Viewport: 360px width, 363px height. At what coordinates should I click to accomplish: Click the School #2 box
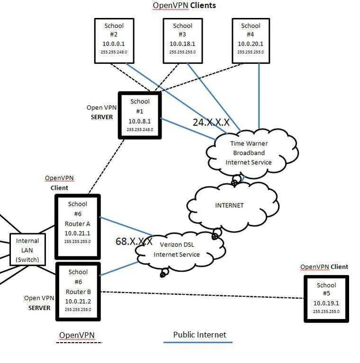[x=114, y=41]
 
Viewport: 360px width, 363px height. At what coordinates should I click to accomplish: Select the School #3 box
[x=183, y=41]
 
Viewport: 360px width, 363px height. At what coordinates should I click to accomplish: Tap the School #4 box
[x=251, y=41]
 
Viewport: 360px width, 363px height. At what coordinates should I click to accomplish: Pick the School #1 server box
[x=140, y=115]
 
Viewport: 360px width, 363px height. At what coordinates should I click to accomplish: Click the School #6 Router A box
[x=78, y=227]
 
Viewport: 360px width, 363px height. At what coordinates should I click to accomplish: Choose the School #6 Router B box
[x=78, y=292]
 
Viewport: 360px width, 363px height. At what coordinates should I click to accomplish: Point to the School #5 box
[x=326, y=299]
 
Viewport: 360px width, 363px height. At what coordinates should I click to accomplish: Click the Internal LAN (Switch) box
[x=27, y=249]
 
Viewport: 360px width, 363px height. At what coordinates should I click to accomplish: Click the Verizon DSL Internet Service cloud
[x=180, y=250]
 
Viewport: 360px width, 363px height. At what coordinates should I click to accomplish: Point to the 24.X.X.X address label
[x=211, y=122]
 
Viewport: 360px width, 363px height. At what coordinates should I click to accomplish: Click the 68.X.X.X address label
[x=134, y=241]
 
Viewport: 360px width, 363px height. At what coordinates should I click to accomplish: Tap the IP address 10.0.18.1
[x=182, y=44]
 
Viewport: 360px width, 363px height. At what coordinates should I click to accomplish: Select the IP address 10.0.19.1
[x=326, y=303]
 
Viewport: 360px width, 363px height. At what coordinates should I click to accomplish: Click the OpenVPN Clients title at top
[x=184, y=5]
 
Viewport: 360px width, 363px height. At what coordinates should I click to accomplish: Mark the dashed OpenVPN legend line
[x=79, y=343]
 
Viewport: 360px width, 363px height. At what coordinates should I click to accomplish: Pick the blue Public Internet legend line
[x=198, y=342]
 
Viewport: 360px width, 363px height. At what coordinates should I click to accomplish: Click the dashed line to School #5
[x=202, y=295]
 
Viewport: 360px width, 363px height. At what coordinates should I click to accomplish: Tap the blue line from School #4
[x=259, y=96]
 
